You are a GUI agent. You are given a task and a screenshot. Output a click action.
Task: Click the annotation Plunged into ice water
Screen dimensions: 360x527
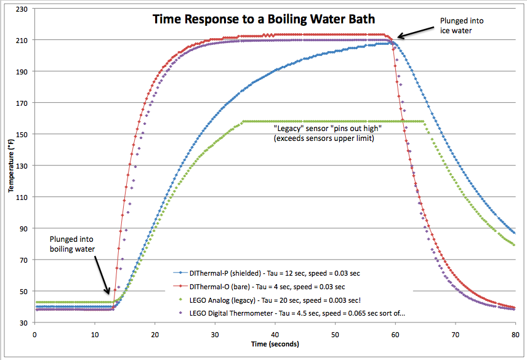[x=461, y=25]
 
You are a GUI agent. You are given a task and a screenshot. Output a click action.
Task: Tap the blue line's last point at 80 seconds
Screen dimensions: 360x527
[x=514, y=233]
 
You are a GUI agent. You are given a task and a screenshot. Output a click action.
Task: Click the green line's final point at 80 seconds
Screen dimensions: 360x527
[x=514, y=245]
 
